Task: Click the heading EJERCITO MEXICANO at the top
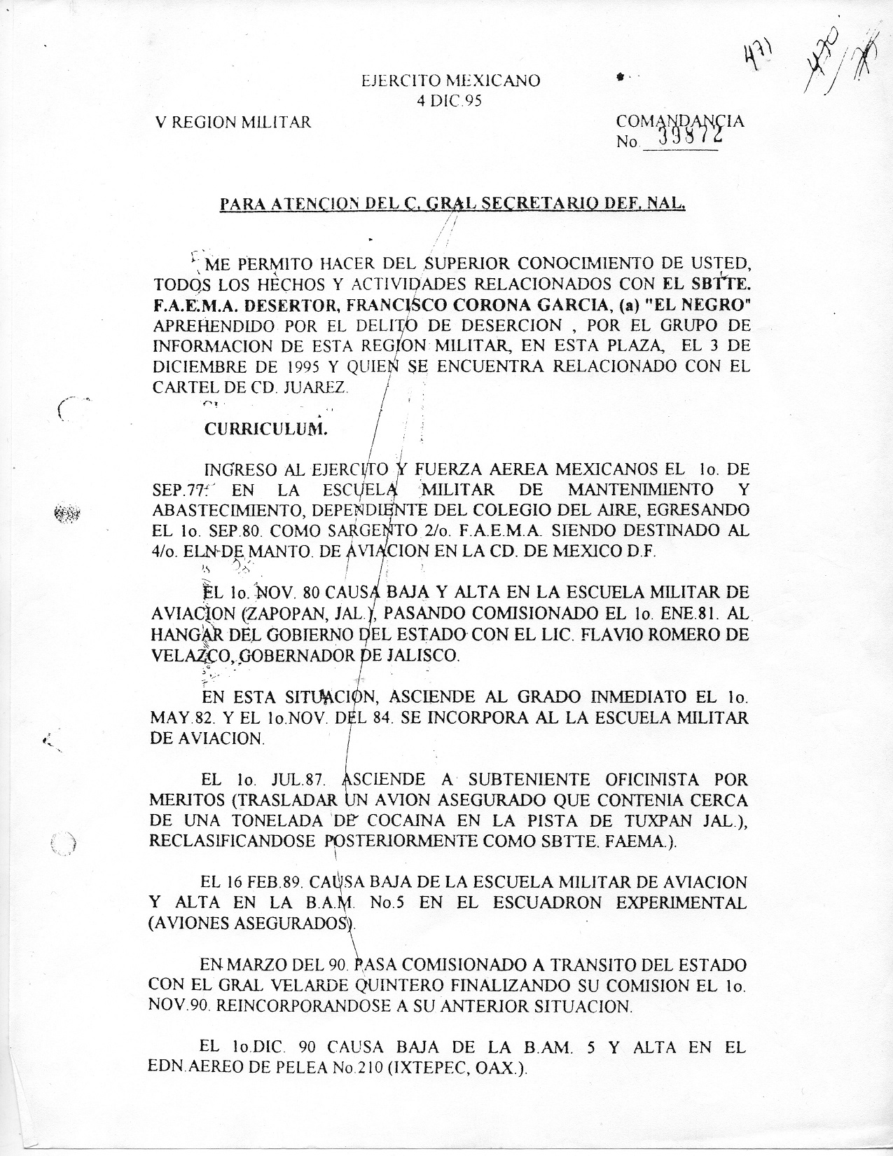tap(450, 81)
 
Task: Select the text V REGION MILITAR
tap(233, 123)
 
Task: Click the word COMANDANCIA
tap(679, 121)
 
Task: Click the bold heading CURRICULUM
tap(265, 429)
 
